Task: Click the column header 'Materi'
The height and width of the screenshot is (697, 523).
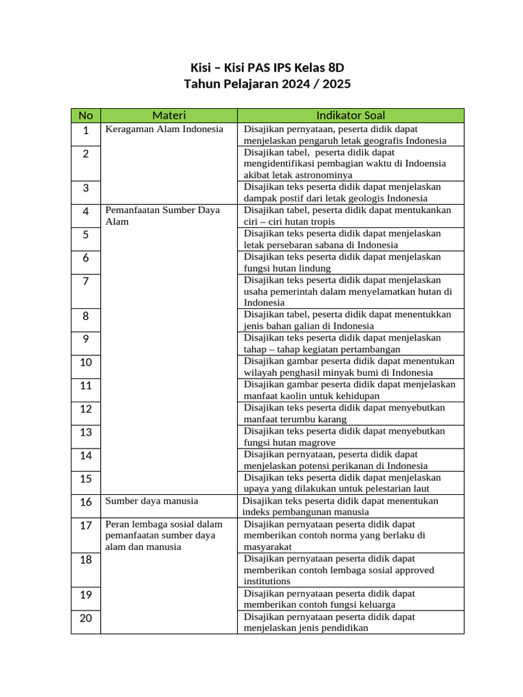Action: [169, 115]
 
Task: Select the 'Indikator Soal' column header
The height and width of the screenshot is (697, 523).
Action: [351, 115]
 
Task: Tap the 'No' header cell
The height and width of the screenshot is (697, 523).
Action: [86, 115]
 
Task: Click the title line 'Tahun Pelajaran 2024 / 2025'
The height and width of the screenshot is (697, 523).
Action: [268, 84]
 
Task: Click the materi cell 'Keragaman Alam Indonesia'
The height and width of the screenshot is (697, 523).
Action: [164, 129]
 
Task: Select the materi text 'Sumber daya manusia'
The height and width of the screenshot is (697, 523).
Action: [152, 501]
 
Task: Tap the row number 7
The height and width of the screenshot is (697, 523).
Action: [86, 281]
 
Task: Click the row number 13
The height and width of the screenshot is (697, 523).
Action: [86, 432]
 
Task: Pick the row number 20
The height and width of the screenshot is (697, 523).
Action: [86, 618]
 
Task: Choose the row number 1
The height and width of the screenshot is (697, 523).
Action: [86, 130]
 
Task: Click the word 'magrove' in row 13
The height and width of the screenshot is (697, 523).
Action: [312, 442]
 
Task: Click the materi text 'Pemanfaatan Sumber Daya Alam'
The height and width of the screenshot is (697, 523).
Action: [163, 216]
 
